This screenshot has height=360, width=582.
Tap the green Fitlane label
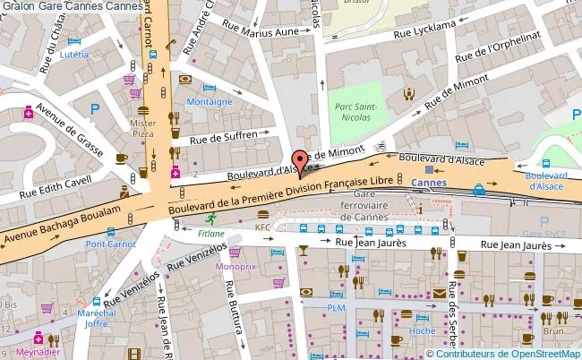pyautogui.click(x=212, y=233)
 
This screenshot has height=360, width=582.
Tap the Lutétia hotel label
pyautogui.click(x=75, y=54)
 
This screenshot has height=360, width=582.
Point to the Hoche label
pyautogui.click(x=422, y=330)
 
